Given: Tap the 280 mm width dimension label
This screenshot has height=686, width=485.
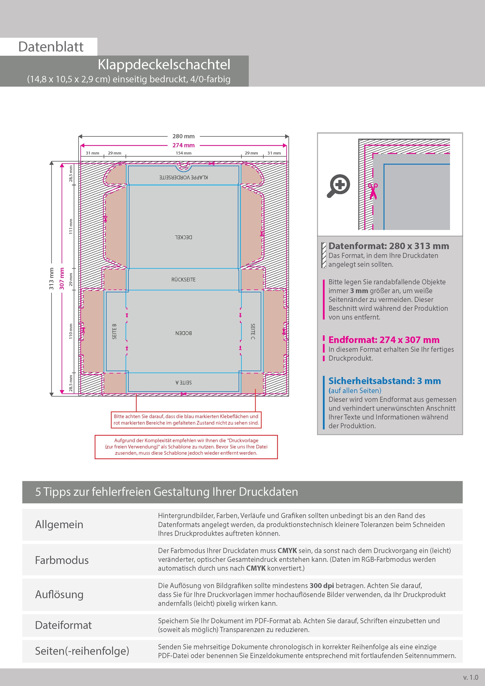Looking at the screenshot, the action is pyautogui.click(x=183, y=136).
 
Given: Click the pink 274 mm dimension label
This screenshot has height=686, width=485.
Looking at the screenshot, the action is pyautogui.click(x=183, y=145).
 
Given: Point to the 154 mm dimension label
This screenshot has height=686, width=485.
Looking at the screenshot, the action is pyautogui.click(x=183, y=153).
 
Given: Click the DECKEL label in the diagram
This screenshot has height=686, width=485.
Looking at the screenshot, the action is pyautogui.click(x=183, y=237).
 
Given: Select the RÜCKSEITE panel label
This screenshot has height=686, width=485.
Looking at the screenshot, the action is pyautogui.click(x=183, y=280).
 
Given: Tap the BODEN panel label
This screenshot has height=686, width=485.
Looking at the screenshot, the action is pyautogui.click(x=183, y=333).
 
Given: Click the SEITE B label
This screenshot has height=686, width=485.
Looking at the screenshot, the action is pyautogui.click(x=114, y=331).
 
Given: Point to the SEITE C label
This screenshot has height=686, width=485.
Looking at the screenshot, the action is pyautogui.click(x=253, y=331).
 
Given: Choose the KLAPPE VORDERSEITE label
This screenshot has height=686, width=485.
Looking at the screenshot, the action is pyautogui.click(x=183, y=177).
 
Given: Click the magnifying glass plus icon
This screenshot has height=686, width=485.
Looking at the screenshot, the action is pyautogui.click(x=339, y=186).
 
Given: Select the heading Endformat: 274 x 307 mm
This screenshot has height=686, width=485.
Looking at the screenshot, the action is pyautogui.click(x=384, y=340).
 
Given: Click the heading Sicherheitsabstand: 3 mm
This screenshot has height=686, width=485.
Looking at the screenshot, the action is pyautogui.click(x=385, y=381).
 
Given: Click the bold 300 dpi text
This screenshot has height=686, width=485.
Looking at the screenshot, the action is pyautogui.click(x=322, y=586).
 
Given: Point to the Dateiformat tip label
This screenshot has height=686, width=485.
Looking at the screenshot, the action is pyautogui.click(x=63, y=625).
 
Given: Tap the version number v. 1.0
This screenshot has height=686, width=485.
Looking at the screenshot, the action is pyautogui.click(x=471, y=677).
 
